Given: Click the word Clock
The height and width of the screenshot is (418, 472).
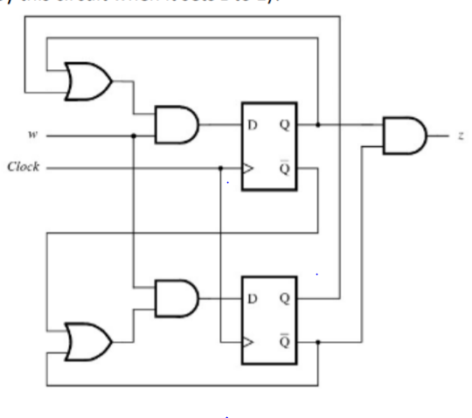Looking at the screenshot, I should point(24,166).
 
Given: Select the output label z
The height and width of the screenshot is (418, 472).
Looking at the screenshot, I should point(459,136).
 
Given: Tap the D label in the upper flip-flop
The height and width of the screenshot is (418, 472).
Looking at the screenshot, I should point(253,125).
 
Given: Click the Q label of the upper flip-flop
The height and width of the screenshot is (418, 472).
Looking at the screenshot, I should point(285,125).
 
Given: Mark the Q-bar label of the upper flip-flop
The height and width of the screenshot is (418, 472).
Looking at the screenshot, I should point(285,167).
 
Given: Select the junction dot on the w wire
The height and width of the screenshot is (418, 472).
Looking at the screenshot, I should point(133,136).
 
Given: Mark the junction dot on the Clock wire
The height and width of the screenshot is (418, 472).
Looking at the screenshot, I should point(220,167).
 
